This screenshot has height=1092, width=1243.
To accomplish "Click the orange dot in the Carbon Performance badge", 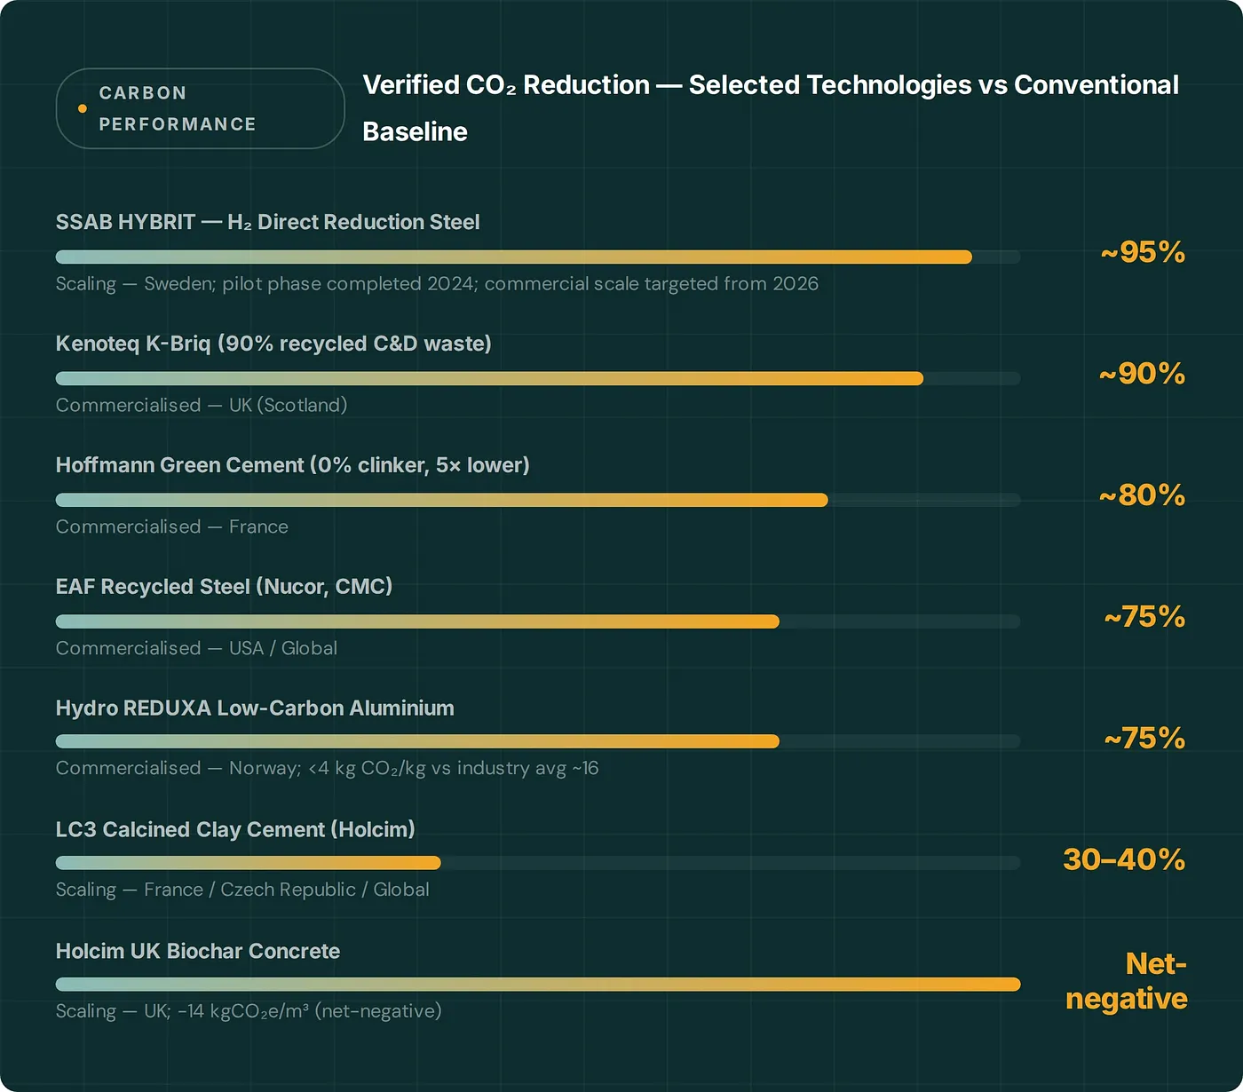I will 83,108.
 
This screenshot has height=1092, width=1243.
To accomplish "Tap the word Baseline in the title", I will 415,131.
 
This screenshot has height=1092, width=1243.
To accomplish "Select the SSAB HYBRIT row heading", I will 267,222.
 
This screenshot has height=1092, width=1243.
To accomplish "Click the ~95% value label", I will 1143,252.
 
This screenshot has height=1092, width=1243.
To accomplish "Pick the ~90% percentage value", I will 1142,374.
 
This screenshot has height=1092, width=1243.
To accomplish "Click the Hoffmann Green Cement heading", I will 292,465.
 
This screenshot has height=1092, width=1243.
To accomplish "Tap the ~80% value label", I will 1142,495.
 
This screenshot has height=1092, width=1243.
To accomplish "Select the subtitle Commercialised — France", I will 171,526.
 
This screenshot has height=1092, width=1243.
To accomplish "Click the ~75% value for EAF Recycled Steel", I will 1144,616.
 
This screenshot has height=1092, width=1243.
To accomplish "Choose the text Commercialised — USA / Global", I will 196,648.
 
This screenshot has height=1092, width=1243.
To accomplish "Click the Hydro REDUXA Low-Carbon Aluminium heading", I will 255,708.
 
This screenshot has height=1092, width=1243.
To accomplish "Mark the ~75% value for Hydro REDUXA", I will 1144,738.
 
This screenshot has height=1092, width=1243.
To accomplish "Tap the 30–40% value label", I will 1124,859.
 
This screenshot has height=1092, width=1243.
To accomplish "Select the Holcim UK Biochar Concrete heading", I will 198,951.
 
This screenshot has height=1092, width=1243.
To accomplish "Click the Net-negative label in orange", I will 1127,981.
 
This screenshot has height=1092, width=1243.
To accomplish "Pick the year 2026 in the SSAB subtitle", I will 795,284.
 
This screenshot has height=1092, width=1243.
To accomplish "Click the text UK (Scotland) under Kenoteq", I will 288,405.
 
